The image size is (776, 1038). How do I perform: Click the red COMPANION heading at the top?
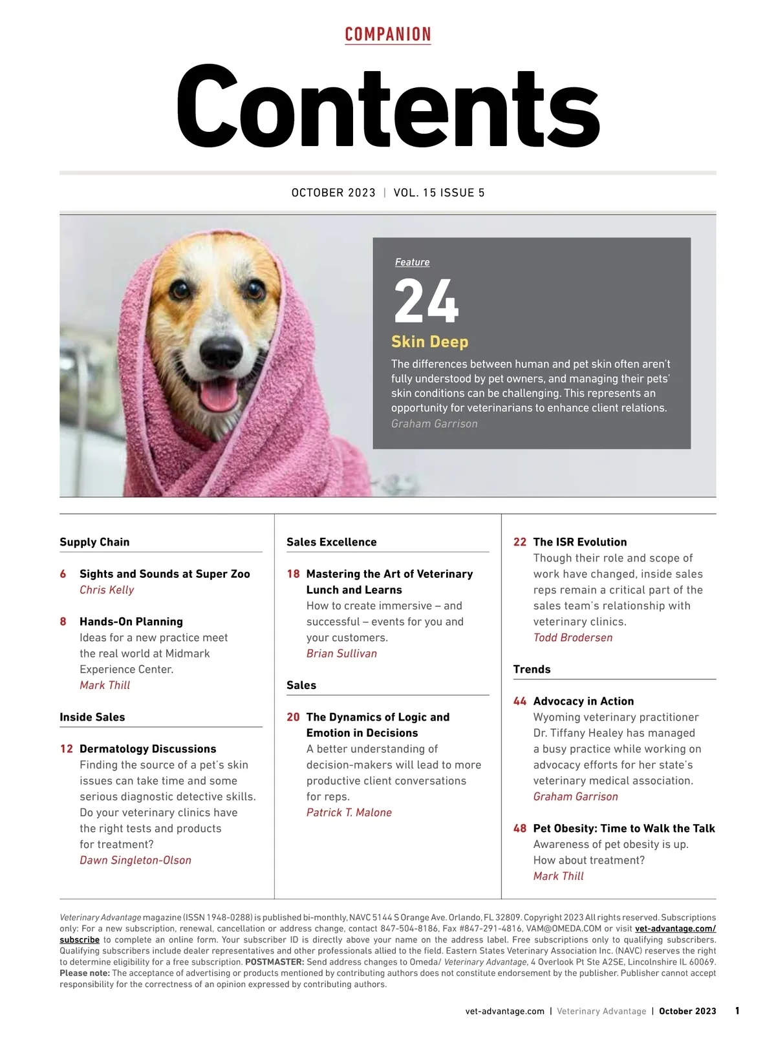[388, 34]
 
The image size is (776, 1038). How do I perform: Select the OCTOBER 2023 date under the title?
[333, 193]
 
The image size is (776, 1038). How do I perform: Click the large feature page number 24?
[426, 301]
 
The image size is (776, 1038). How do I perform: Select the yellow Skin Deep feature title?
[429, 342]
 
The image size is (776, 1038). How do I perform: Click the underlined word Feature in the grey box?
[412, 262]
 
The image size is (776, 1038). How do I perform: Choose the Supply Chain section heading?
[94, 542]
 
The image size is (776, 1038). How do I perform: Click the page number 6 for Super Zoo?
[63, 574]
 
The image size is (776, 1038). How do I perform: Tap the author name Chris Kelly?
[107, 590]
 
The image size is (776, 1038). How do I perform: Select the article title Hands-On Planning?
[131, 622]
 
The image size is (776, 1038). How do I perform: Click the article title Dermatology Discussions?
[147, 749]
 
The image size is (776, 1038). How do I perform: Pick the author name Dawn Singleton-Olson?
[135, 860]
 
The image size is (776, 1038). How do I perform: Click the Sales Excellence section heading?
[331, 542]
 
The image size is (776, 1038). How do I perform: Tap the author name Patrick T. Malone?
[349, 812]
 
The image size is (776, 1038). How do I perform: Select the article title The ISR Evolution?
[579, 542]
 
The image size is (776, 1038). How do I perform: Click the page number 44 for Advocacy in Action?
[520, 701]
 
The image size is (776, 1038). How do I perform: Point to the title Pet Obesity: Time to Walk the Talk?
[623, 829]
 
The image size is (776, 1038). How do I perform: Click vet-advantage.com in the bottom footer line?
[504, 1012]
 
